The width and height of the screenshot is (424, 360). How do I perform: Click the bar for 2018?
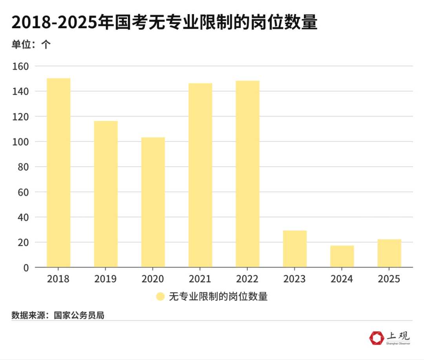coord(58,173)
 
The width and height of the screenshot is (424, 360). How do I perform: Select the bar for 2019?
coord(106,194)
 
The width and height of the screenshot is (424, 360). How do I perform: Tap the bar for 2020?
coord(153,202)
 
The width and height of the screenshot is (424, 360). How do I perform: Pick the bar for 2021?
coord(200,175)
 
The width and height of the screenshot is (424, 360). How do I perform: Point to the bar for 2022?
coord(247,174)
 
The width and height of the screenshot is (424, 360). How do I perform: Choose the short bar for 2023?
coord(295,249)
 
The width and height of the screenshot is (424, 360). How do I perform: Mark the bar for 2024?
coord(342,256)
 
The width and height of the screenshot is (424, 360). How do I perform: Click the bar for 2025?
coord(389,253)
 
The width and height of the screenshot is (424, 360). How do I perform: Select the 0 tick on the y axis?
coord(26,267)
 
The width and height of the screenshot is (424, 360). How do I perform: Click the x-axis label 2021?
coord(200,279)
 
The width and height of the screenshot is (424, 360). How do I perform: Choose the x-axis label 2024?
coord(342,279)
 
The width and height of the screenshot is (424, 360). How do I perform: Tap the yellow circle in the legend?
coord(160,296)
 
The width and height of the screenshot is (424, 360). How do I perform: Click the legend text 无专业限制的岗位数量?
coord(218,296)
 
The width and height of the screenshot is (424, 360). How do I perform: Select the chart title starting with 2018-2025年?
coord(164,23)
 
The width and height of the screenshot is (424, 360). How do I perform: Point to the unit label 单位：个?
coord(31,44)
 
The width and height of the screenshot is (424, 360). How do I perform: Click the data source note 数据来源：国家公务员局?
coord(58,315)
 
